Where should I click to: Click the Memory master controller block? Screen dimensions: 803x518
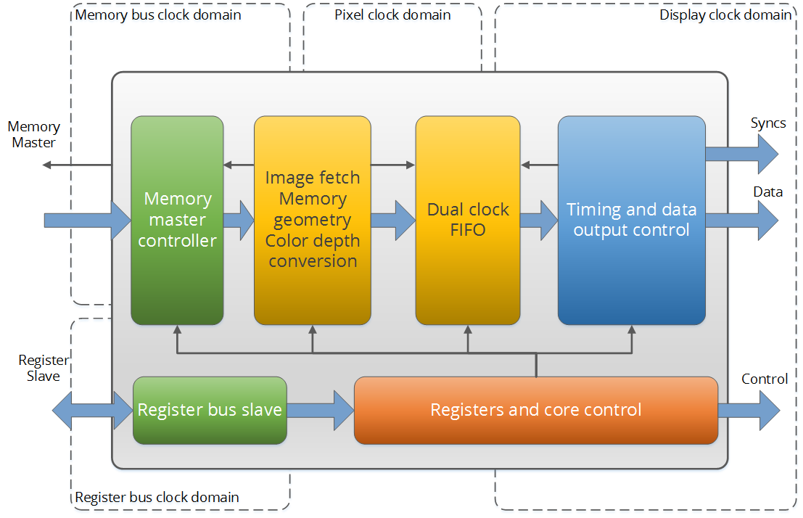177,221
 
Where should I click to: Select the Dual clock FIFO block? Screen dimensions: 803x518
468,221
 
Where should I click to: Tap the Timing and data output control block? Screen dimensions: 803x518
631,221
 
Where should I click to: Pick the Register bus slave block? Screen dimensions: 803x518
210,411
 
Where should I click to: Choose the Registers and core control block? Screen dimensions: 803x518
536,411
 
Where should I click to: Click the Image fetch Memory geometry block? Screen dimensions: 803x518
313,221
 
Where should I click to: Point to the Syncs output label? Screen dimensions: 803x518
768,123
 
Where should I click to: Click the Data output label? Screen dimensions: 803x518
767,192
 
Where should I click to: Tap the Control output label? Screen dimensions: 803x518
765,379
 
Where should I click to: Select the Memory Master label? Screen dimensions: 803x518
34,134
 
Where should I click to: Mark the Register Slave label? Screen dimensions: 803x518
44,368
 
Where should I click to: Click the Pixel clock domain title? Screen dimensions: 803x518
392,15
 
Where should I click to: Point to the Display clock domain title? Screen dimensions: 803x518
725,15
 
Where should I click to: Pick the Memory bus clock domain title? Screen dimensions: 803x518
158,15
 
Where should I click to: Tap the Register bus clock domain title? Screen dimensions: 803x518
157,497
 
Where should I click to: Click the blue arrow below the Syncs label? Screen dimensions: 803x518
742,154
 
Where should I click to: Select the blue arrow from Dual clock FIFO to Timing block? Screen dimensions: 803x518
539,221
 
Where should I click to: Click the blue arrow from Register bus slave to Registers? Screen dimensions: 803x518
321,411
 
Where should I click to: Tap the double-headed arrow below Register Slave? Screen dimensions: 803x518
93,411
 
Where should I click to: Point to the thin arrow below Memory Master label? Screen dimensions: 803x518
77,165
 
